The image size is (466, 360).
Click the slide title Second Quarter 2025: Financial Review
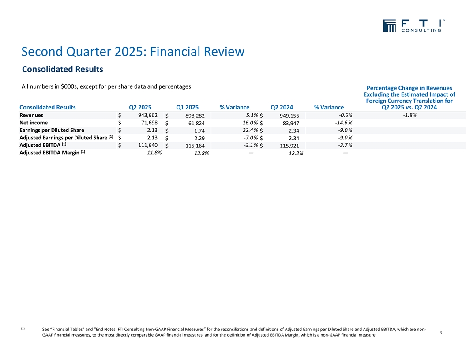tap(132, 52)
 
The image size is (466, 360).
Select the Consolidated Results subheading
tap(62, 70)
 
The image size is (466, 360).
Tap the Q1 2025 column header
tap(187, 107)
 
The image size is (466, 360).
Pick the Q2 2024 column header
tap(282, 107)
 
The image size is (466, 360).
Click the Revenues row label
tap(31, 115)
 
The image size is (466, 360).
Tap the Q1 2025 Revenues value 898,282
tap(195, 116)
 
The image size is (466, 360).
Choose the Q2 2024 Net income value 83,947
tap(289, 124)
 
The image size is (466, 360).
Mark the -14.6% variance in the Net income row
tap(343, 123)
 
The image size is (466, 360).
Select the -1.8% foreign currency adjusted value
tap(410, 115)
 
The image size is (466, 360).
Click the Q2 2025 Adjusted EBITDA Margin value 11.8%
tap(154, 153)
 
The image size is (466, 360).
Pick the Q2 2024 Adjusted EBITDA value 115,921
tap(287, 146)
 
